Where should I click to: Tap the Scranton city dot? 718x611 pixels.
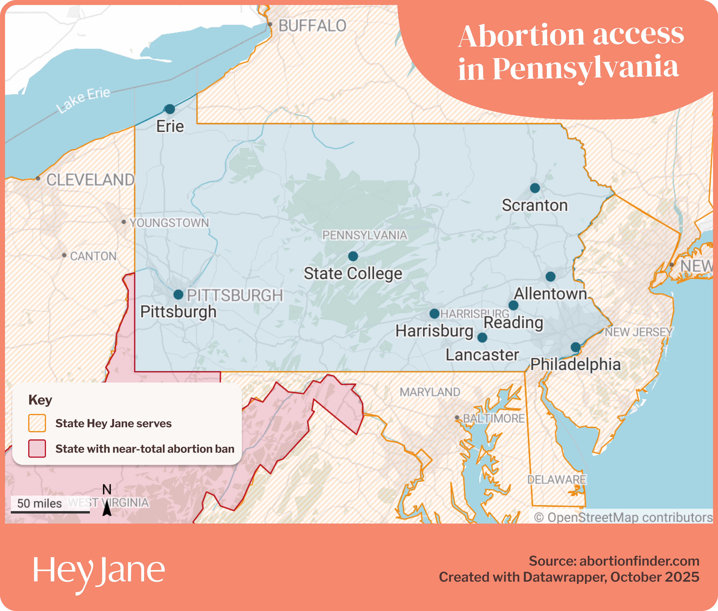pos(535,188)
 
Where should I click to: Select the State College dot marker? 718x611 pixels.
pos(353,256)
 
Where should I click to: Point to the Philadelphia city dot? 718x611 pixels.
pos(575,347)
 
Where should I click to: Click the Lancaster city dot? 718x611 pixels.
pos(482,337)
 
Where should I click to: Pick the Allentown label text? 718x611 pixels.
pos(550,294)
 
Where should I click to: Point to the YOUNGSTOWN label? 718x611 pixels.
pos(169,223)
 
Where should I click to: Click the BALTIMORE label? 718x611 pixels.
pos(494,418)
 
